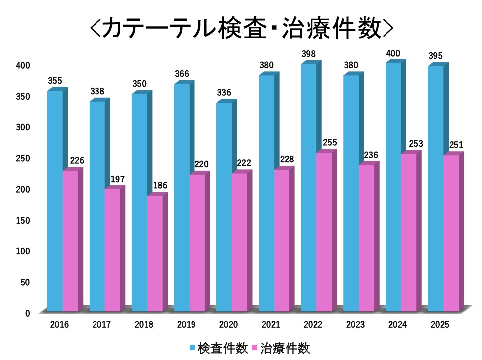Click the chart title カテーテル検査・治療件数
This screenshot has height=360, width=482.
[241, 28]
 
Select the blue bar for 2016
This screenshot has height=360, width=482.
[55, 199]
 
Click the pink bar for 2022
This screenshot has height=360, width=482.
[324, 232]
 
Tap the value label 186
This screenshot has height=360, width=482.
[160, 186]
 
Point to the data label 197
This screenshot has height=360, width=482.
[117, 179]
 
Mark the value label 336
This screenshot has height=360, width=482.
[224, 92]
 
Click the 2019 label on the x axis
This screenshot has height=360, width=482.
[186, 325]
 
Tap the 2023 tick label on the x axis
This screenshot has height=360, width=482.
[355, 325]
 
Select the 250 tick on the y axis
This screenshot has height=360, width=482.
[23, 158]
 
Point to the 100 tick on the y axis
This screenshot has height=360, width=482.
[23, 251]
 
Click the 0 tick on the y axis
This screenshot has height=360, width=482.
[28, 313]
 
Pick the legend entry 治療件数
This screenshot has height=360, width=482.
[285, 348]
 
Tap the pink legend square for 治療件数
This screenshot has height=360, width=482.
[255, 348]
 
